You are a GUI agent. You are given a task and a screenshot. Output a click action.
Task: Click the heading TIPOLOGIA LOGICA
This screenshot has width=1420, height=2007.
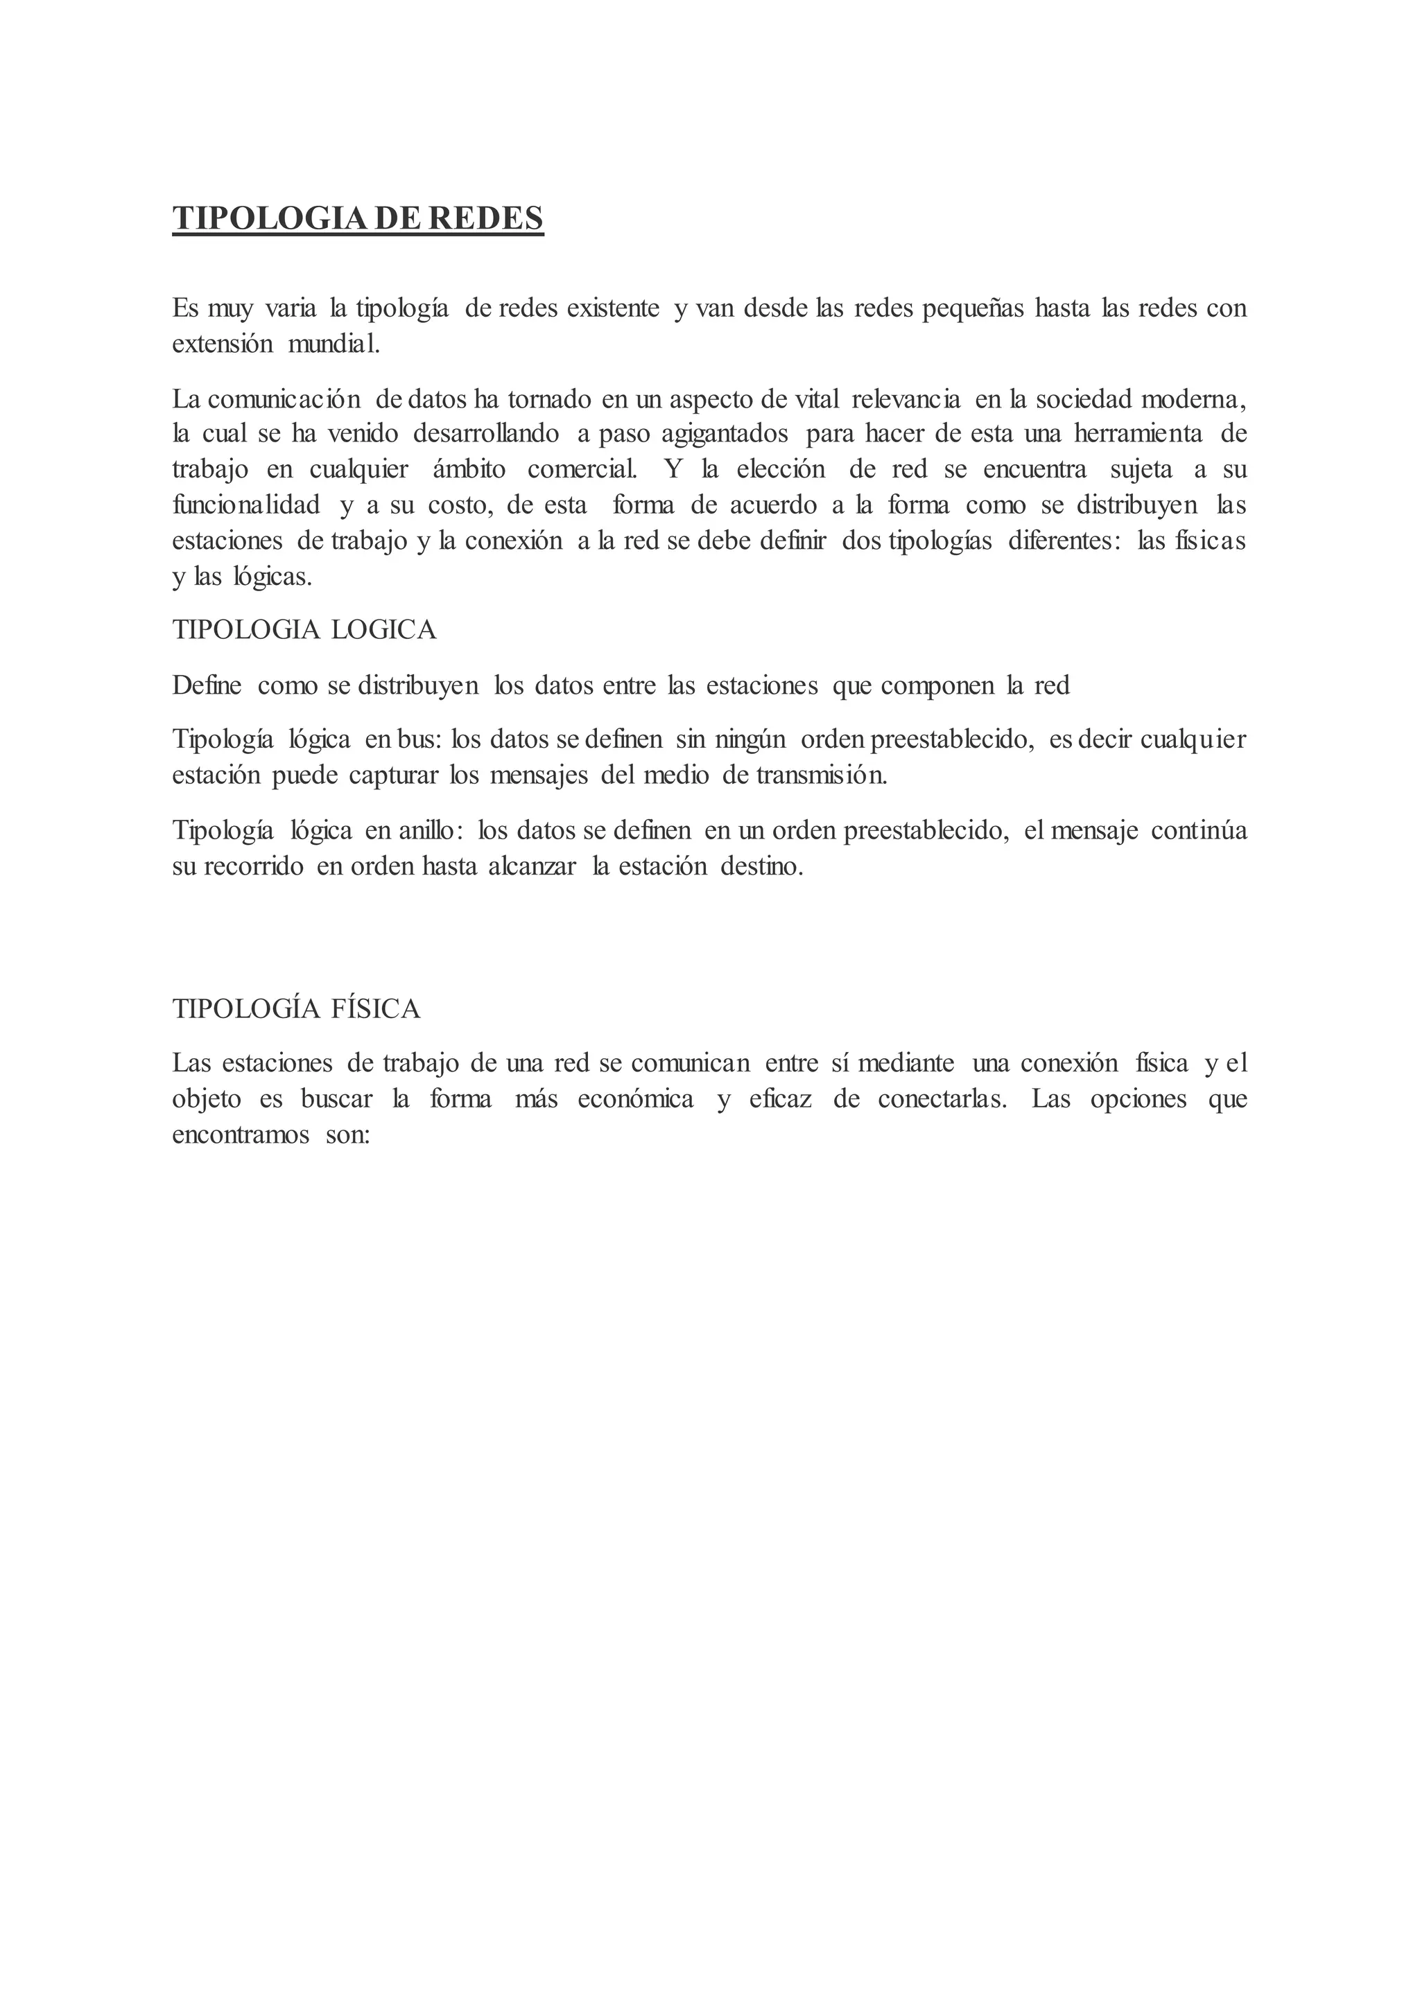coord(304,630)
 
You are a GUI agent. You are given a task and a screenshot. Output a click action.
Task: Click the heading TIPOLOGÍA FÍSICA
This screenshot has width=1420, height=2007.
coord(297,1009)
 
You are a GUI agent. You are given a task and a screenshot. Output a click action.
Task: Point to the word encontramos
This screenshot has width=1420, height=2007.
coord(241,1134)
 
